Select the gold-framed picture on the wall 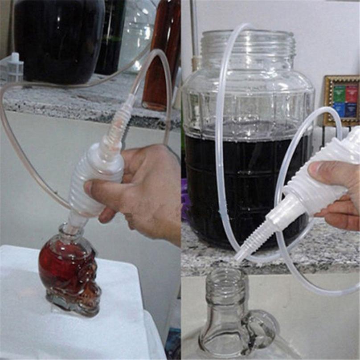pyautogui.click(x=341, y=101)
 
